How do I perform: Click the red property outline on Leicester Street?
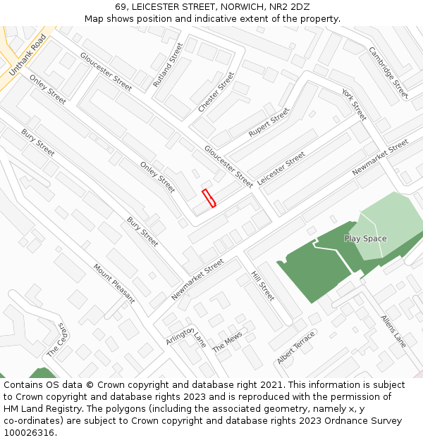pyautogui.click(x=209, y=198)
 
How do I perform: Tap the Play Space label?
pyautogui.click(x=365, y=239)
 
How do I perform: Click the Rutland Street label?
pyautogui.click(x=168, y=65)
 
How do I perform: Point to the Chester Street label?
pyautogui.click(x=216, y=92)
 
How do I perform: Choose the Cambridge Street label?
pyautogui.click(x=388, y=73)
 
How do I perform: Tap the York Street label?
pyautogui.click(x=354, y=104)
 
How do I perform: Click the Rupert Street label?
pyautogui.click(x=269, y=122)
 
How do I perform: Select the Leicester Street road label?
pyautogui.click(x=281, y=168)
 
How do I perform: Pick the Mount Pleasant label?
pyautogui.click(x=114, y=284)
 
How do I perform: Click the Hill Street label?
pyautogui.click(x=263, y=287)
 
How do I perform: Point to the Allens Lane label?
pyautogui.click(x=393, y=330)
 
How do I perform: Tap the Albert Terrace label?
pyautogui.click(x=296, y=348)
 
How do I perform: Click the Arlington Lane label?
pyautogui.click(x=186, y=337)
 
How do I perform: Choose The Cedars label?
pyautogui.click(x=58, y=340)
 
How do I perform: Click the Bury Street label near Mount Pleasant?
pyautogui.click(x=142, y=232)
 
